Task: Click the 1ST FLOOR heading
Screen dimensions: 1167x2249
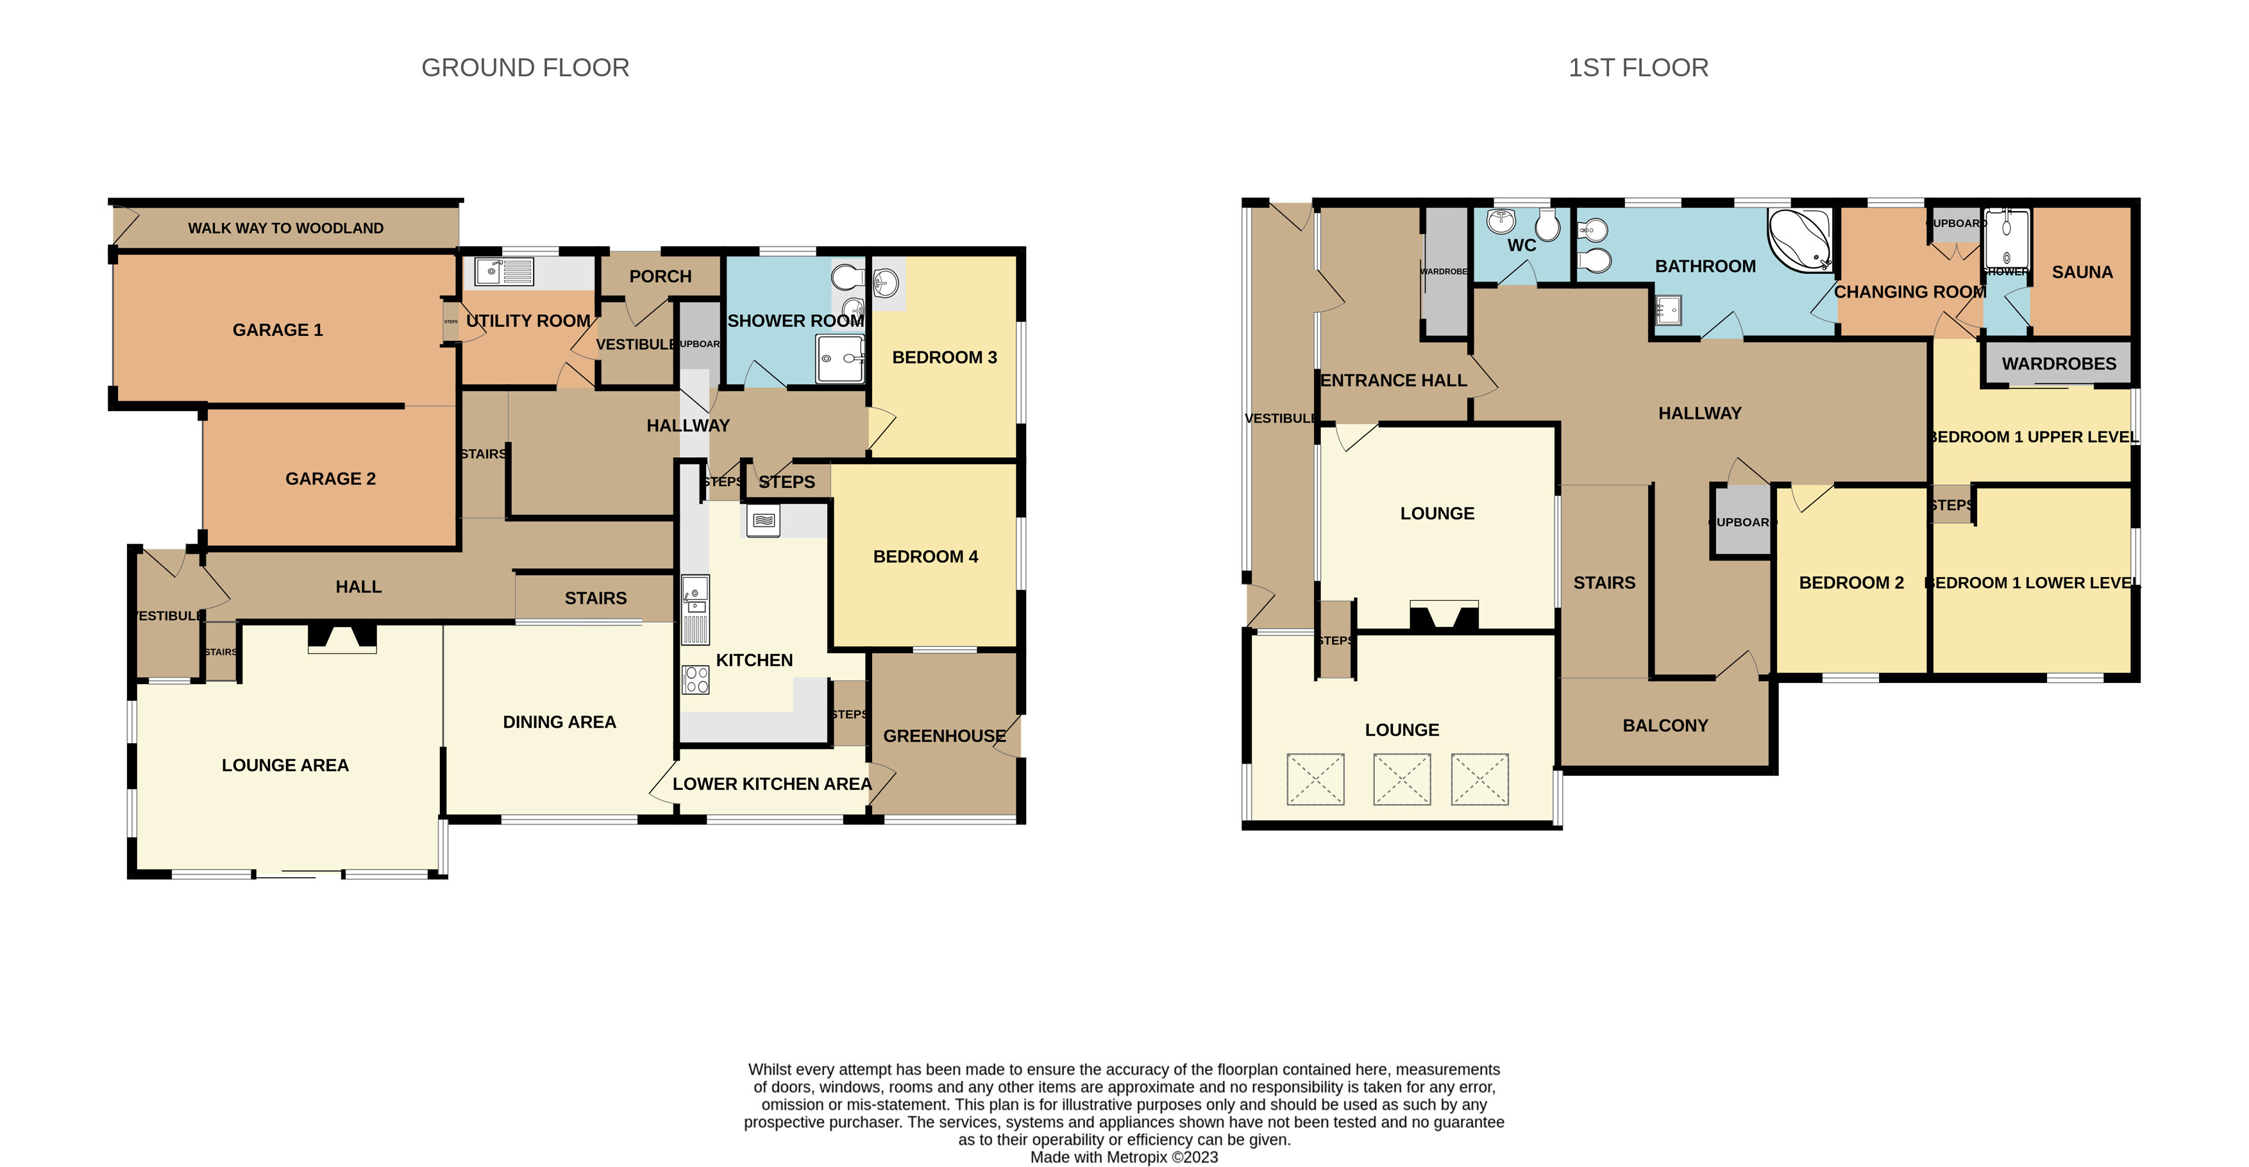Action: click(1638, 67)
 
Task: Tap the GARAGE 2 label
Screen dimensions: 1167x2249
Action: click(330, 478)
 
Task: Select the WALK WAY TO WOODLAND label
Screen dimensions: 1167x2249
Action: click(285, 228)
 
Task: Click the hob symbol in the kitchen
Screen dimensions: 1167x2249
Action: click(695, 679)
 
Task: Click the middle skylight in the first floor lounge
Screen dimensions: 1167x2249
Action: click(1401, 778)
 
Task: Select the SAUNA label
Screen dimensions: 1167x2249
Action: click(2082, 273)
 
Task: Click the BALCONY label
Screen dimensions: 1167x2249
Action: click(1665, 725)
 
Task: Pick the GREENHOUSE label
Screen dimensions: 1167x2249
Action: click(944, 736)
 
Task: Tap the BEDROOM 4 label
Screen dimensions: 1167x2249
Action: click(925, 556)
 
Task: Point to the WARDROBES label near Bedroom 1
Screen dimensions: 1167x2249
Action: click(2059, 363)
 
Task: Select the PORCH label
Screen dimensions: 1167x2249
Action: click(660, 276)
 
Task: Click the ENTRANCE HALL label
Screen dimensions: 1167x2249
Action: click(1394, 381)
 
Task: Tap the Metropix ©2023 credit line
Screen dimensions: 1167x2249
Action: click(1124, 1157)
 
